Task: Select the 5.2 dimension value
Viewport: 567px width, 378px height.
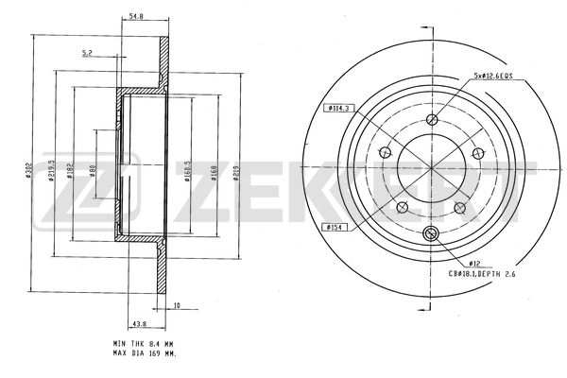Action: coord(88,53)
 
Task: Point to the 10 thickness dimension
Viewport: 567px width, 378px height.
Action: coord(176,304)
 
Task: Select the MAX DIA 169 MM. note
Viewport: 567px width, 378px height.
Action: coord(145,356)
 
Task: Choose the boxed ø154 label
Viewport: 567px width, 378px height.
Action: coord(335,227)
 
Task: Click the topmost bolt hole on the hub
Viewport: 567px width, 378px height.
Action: coord(432,119)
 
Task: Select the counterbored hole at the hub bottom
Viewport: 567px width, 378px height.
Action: coord(432,234)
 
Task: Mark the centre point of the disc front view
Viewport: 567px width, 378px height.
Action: coord(432,168)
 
